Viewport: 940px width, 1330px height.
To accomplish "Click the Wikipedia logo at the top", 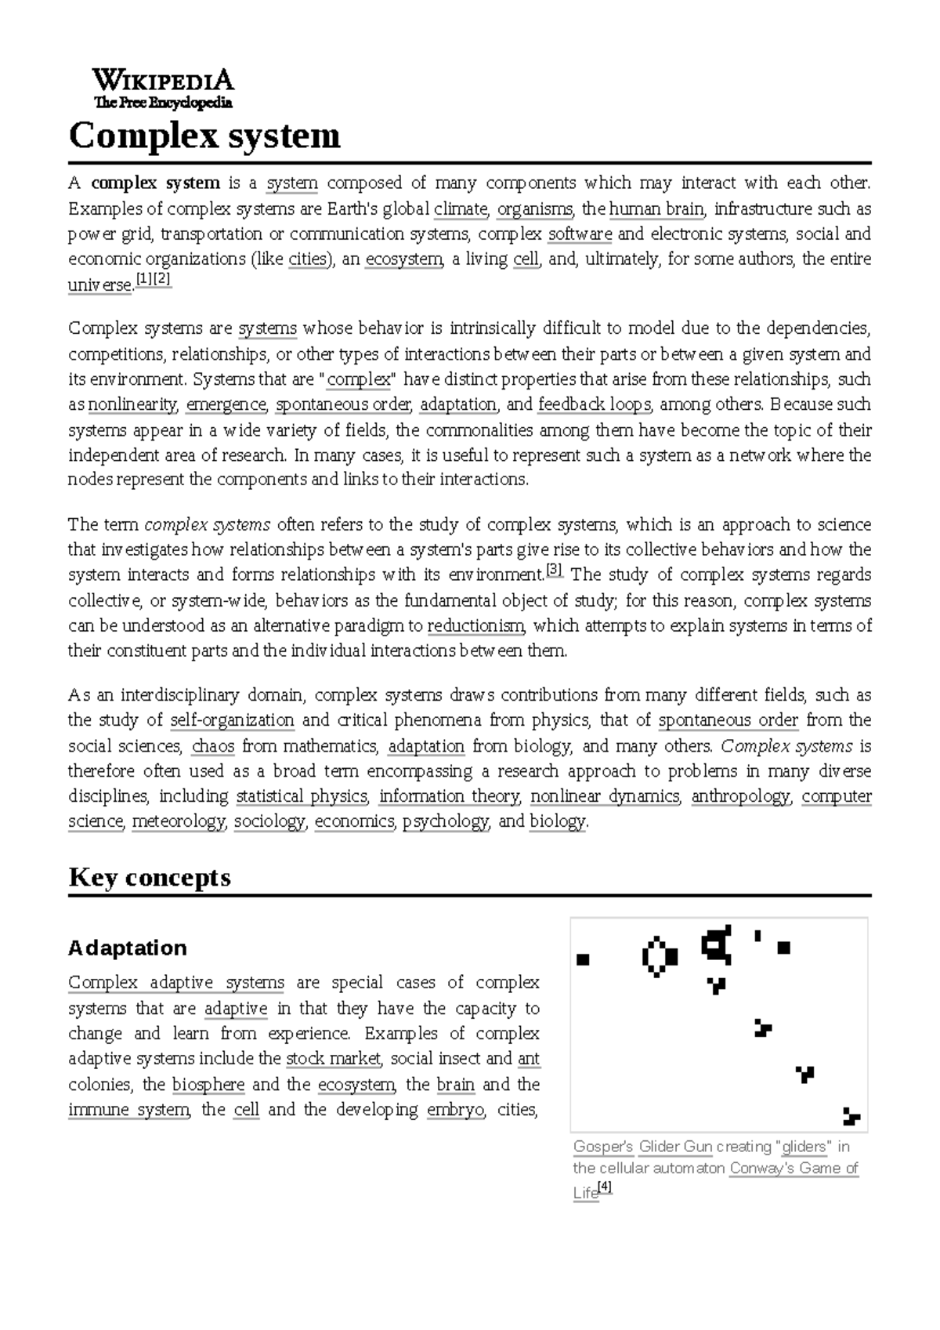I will pyautogui.click(x=163, y=89).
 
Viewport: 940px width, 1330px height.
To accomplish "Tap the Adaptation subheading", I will pyautogui.click(x=127, y=948).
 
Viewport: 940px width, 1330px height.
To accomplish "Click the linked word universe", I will pyautogui.click(x=99, y=285).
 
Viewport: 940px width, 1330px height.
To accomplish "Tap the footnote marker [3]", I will pyautogui.click(x=554, y=571).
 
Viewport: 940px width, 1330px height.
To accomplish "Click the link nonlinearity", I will pyautogui.click(x=132, y=404).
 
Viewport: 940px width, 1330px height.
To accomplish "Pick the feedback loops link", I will pyautogui.click(x=595, y=404).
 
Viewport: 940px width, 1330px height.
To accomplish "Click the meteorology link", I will pyautogui.click(x=179, y=821).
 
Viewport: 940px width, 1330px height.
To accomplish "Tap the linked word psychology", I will pyautogui.click(x=446, y=821).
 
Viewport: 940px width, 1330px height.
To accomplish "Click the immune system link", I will pyautogui.click(x=128, y=1110).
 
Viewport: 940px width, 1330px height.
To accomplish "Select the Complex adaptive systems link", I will pyautogui.click(x=175, y=983).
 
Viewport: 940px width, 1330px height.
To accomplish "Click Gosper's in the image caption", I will pyautogui.click(x=602, y=1147).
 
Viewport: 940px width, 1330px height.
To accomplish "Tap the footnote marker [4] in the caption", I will pyautogui.click(x=605, y=1188).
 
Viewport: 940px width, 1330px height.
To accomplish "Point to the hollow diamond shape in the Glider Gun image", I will pyautogui.click(x=659, y=956).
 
